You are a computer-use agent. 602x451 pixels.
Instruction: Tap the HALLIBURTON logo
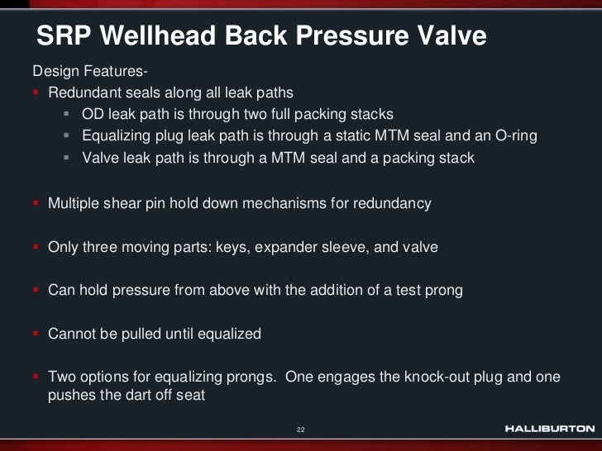pos(549,429)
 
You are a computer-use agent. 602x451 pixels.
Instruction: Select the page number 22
pos(301,430)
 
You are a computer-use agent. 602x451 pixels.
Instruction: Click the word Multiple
pos(75,202)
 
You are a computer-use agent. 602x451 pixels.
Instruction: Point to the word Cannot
pos(74,334)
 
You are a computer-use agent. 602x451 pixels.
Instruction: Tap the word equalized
pos(224,334)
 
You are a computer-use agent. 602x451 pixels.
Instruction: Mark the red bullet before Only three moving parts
pos(36,247)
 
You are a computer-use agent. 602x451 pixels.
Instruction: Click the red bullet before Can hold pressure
pos(36,291)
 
